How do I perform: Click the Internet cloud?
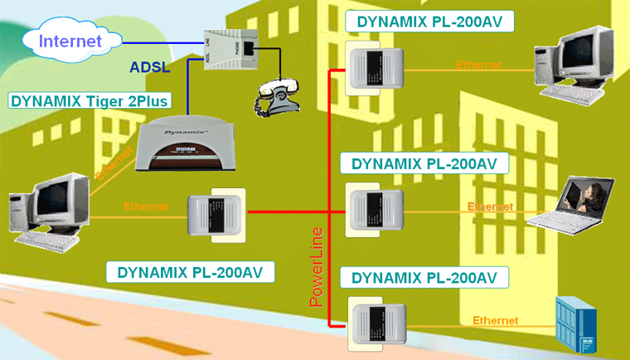tap(70, 40)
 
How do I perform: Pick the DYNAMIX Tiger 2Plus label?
tap(90, 101)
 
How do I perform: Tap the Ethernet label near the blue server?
tap(495, 320)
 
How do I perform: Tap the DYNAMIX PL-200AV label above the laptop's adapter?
tap(425, 163)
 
